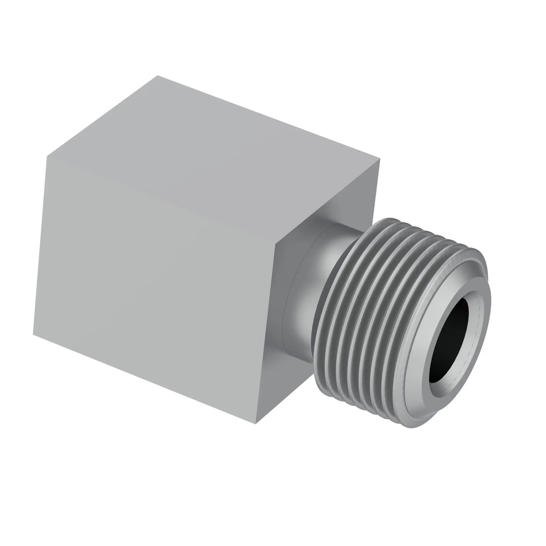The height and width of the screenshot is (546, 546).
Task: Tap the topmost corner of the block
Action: click(158, 75)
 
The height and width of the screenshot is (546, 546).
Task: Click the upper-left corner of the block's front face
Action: click(47, 156)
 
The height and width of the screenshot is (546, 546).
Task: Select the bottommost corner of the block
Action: click(256, 424)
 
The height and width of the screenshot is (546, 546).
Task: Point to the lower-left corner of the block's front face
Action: click(33, 335)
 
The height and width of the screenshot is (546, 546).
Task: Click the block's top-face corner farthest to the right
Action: click(380, 159)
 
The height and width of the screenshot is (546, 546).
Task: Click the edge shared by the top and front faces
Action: click(161, 200)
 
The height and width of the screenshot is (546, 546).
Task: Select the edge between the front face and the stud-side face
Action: click(266, 334)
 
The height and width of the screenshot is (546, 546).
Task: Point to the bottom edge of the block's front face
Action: click(144, 379)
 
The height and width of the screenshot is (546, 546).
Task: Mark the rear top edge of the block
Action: click(268, 117)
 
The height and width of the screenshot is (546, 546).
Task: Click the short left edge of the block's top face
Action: click(102, 115)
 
